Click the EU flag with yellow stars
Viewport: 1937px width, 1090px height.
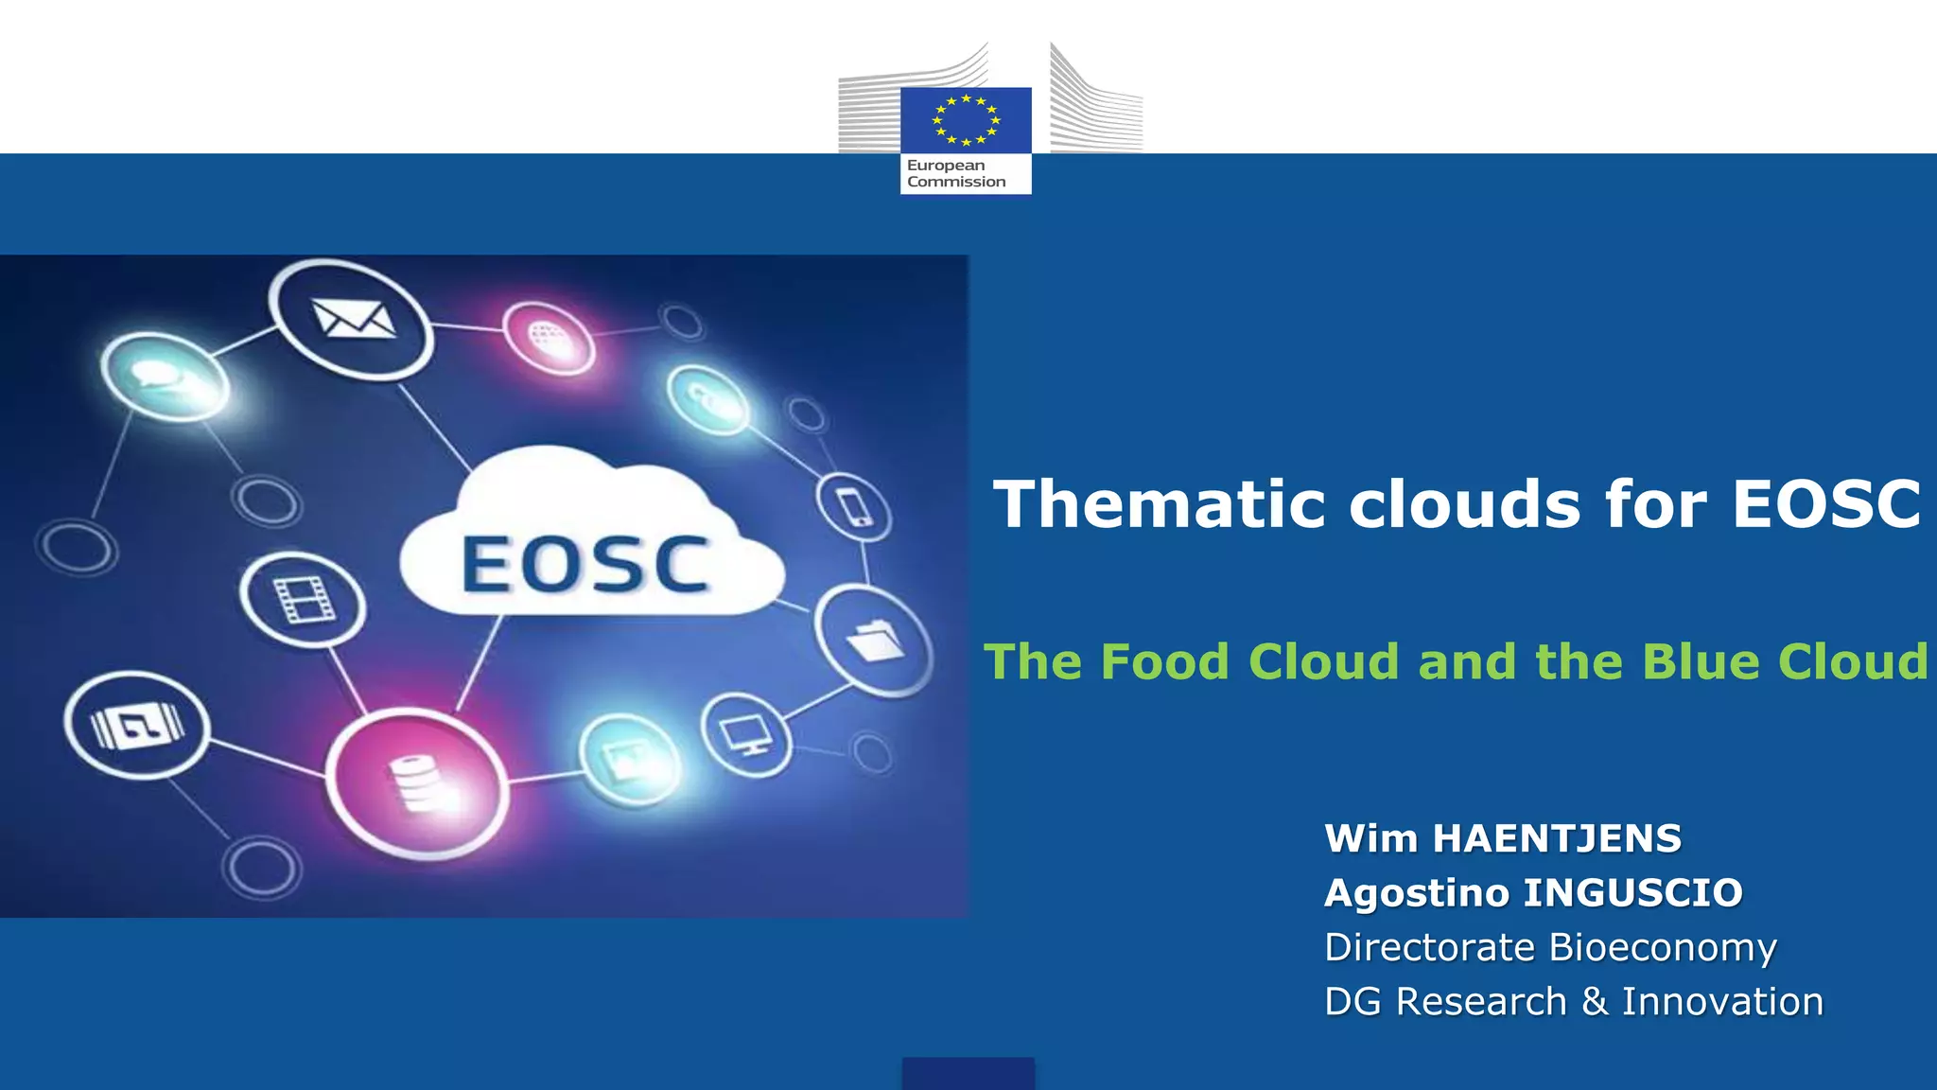point(966,120)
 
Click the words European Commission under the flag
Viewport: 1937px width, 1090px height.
point(956,174)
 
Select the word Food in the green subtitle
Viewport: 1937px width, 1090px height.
point(1164,661)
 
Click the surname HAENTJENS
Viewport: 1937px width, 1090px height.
point(1557,839)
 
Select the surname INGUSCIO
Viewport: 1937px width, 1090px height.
point(1634,893)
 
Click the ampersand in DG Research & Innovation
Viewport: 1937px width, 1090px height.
point(1595,1002)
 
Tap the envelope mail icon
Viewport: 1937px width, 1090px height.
point(353,319)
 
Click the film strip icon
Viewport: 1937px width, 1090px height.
point(303,599)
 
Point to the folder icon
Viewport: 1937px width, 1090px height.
point(875,642)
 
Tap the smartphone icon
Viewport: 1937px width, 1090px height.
point(853,508)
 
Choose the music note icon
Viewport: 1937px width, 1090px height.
point(138,726)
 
